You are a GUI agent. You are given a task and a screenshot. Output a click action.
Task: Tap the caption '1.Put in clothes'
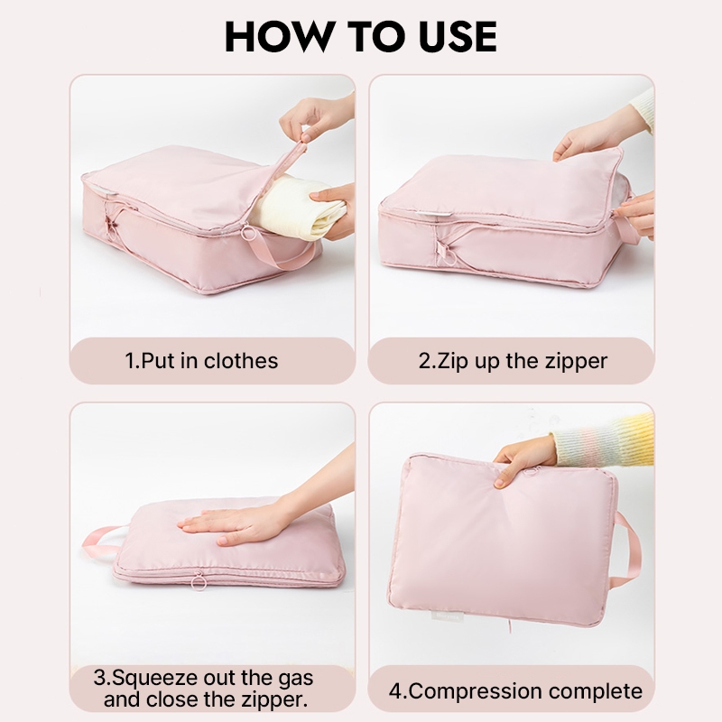click(x=201, y=360)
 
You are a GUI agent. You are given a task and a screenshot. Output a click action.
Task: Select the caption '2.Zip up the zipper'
click(x=513, y=361)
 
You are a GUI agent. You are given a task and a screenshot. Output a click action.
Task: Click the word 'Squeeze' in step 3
click(x=155, y=679)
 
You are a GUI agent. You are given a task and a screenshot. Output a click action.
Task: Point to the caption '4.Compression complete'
click(x=515, y=691)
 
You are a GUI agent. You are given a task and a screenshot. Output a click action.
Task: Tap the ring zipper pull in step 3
click(x=199, y=581)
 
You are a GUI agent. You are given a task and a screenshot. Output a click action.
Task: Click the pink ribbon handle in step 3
click(x=98, y=541)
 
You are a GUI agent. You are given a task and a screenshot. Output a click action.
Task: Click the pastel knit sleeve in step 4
click(x=604, y=440)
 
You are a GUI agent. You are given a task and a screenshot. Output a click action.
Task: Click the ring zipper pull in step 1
click(x=248, y=233)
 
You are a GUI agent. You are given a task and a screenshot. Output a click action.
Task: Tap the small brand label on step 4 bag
click(x=446, y=616)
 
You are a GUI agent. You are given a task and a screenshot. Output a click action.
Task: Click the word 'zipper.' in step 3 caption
click(x=275, y=700)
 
